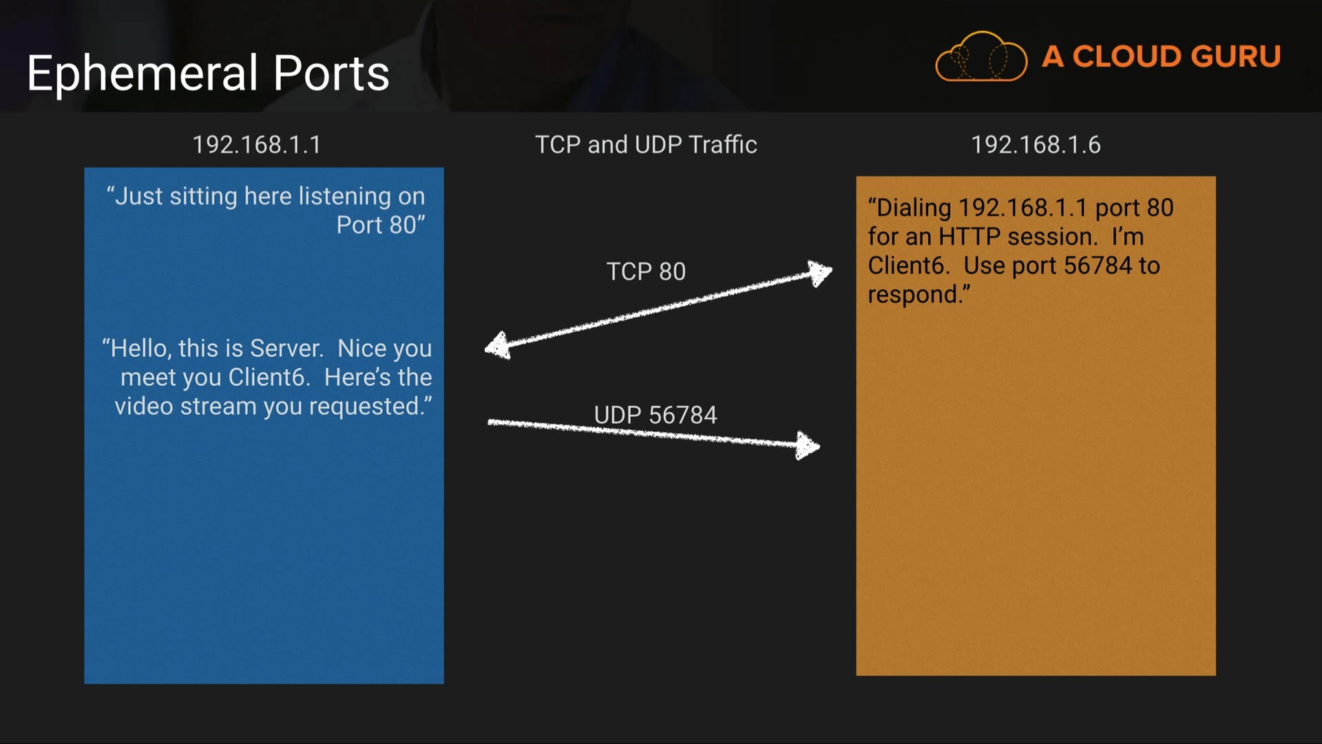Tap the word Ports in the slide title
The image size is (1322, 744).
coord(331,73)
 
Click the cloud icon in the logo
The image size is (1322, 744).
coord(980,57)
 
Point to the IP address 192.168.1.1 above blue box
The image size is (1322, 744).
coord(256,145)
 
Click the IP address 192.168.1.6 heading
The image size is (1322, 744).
coord(1036,145)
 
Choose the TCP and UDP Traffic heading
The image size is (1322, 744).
coord(646,145)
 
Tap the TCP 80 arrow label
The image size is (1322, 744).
coord(646,271)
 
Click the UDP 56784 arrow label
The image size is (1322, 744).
coord(655,415)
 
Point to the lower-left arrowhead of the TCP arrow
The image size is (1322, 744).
coord(498,346)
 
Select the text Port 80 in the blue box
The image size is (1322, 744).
coord(377,225)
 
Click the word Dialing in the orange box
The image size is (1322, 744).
coord(912,208)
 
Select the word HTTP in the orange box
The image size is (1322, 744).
coord(969,237)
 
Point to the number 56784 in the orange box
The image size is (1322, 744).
coord(1098,266)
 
